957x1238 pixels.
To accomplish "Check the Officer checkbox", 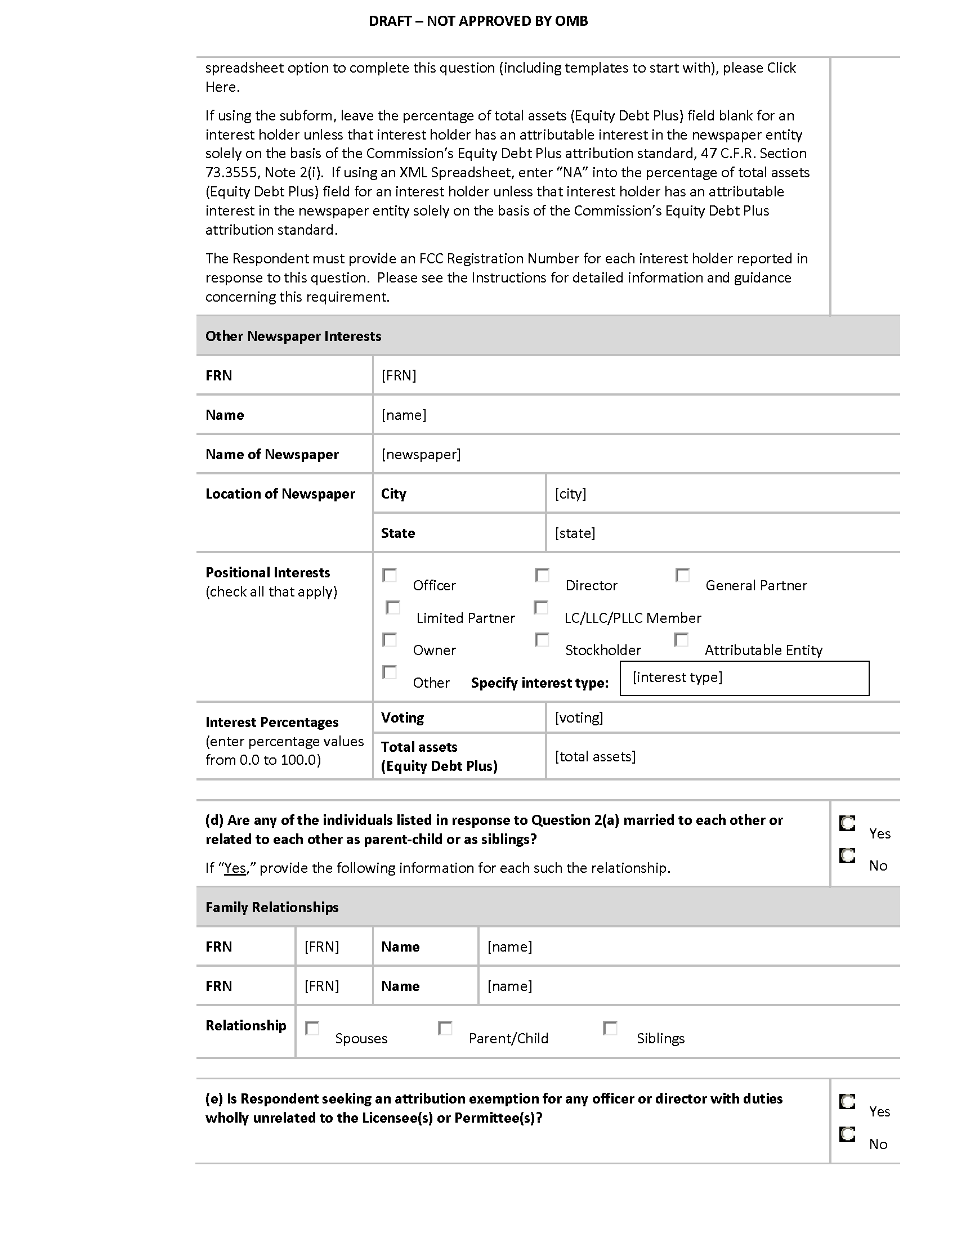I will [x=390, y=575].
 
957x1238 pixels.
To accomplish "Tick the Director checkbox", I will [x=542, y=575].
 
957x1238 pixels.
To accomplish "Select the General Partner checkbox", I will [x=683, y=575].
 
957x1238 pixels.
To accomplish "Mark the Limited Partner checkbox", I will [x=393, y=608].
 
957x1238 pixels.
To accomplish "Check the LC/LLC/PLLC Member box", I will [x=542, y=608].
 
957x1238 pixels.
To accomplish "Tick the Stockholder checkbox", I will [x=542, y=640].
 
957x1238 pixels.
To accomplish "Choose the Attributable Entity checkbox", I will [x=681, y=640].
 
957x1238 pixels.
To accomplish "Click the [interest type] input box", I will [x=744, y=678].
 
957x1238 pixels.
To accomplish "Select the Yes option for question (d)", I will [x=847, y=823].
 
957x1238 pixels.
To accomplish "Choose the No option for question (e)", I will [x=847, y=1134].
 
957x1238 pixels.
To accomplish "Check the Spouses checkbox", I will [x=312, y=1028].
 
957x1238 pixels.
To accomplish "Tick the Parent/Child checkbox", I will [x=445, y=1028].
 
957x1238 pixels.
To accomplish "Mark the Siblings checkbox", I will [x=610, y=1028].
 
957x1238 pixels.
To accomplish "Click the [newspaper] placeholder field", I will [x=421, y=454].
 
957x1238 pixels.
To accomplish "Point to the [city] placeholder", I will [x=570, y=494].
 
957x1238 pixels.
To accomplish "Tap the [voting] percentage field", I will [x=579, y=717].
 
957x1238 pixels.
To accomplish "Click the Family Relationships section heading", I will [x=272, y=908].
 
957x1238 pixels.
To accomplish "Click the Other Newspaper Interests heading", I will [x=293, y=336].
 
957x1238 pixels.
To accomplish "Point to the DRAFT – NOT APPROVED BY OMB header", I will [x=478, y=21].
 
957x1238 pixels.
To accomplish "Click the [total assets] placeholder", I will [x=595, y=756].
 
